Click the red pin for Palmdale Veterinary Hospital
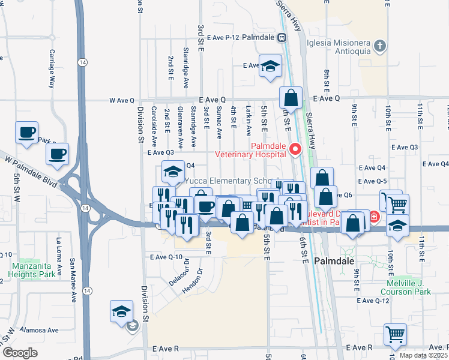point(295,149)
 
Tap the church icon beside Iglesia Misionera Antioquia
point(379,46)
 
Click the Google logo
point(20,353)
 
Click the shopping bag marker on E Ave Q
point(291,98)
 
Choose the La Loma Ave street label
point(59,256)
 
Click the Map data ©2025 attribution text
point(423,355)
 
